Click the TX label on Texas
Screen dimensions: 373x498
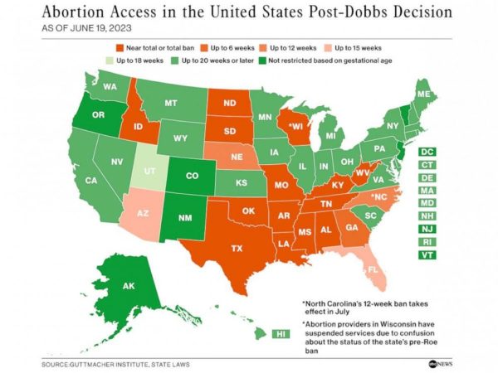236,248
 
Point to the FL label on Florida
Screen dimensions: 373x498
373,269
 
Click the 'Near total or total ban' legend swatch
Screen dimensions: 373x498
121,47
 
